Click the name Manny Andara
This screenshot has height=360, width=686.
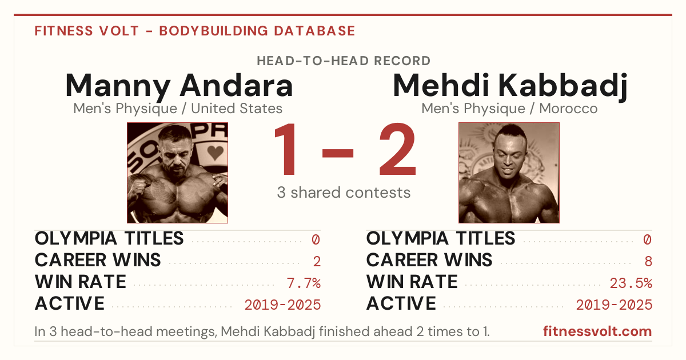pos(179,86)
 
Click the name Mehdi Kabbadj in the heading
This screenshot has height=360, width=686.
pos(510,86)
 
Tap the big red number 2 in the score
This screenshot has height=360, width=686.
pos(397,149)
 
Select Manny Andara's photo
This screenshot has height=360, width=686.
pos(177,173)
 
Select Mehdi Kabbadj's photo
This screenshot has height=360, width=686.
pos(509,173)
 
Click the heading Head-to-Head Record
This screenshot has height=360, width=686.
pos(344,61)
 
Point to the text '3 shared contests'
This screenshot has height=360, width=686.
pos(344,193)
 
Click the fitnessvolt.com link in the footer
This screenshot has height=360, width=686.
pos(597,331)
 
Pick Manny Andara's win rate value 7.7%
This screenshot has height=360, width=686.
pos(304,283)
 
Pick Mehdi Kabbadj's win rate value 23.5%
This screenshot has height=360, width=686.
pos(631,283)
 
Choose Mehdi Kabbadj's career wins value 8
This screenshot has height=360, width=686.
pos(648,262)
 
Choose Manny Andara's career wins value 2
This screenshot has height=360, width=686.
pos(317,262)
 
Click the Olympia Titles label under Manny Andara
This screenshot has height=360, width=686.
pos(109,238)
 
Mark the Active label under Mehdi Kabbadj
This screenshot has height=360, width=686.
pos(401,303)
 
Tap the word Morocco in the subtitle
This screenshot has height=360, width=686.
pos(568,109)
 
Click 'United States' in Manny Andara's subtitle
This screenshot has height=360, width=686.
pos(237,109)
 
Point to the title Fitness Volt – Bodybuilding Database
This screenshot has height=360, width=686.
pos(195,31)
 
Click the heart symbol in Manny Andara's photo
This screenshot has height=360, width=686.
pos(215,152)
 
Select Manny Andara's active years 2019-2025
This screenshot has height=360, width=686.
pos(282,305)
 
